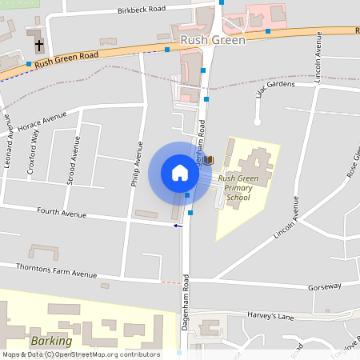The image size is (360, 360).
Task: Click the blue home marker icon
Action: click(179, 173)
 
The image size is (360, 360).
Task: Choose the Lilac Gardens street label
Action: click(276, 87)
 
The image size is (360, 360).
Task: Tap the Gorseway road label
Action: click(325, 286)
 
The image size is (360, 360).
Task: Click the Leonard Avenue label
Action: click(10, 137)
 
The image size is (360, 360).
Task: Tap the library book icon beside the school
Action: click(210, 160)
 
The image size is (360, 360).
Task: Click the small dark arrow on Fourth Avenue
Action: click(178, 226)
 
